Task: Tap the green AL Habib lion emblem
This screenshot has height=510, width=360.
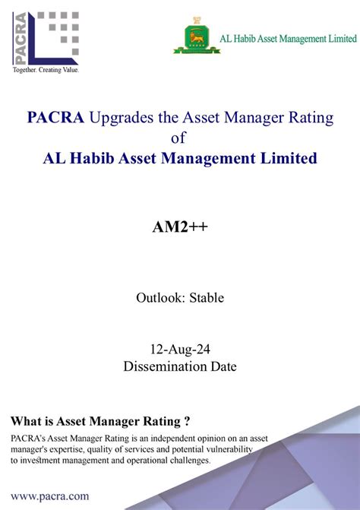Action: pos(195,36)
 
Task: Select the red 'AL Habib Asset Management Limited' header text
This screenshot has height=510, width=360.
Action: pos(286,37)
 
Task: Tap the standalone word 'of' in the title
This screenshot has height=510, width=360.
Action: pos(179,138)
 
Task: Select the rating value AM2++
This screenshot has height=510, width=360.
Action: pos(179,230)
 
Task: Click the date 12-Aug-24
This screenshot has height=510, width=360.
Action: pos(179,350)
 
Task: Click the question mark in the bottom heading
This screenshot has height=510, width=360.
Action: pos(186,422)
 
